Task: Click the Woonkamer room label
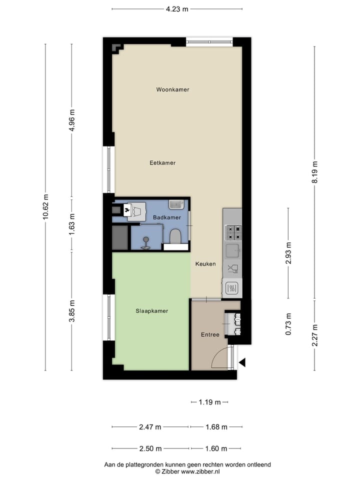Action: click(172, 89)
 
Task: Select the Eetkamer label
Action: click(162, 162)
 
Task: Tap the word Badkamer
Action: click(167, 218)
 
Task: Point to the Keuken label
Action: click(205, 263)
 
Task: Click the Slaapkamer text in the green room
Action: click(151, 311)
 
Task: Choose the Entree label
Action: click(210, 334)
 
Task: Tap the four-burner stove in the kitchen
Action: click(232, 232)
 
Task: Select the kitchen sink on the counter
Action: click(232, 249)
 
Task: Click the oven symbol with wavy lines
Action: click(232, 288)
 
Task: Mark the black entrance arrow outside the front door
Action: click(242, 363)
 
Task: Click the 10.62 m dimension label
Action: click(45, 206)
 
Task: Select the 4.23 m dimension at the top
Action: click(177, 8)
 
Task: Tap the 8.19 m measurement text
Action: click(314, 172)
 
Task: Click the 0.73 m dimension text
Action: click(288, 324)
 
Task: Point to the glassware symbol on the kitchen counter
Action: click(232, 269)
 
